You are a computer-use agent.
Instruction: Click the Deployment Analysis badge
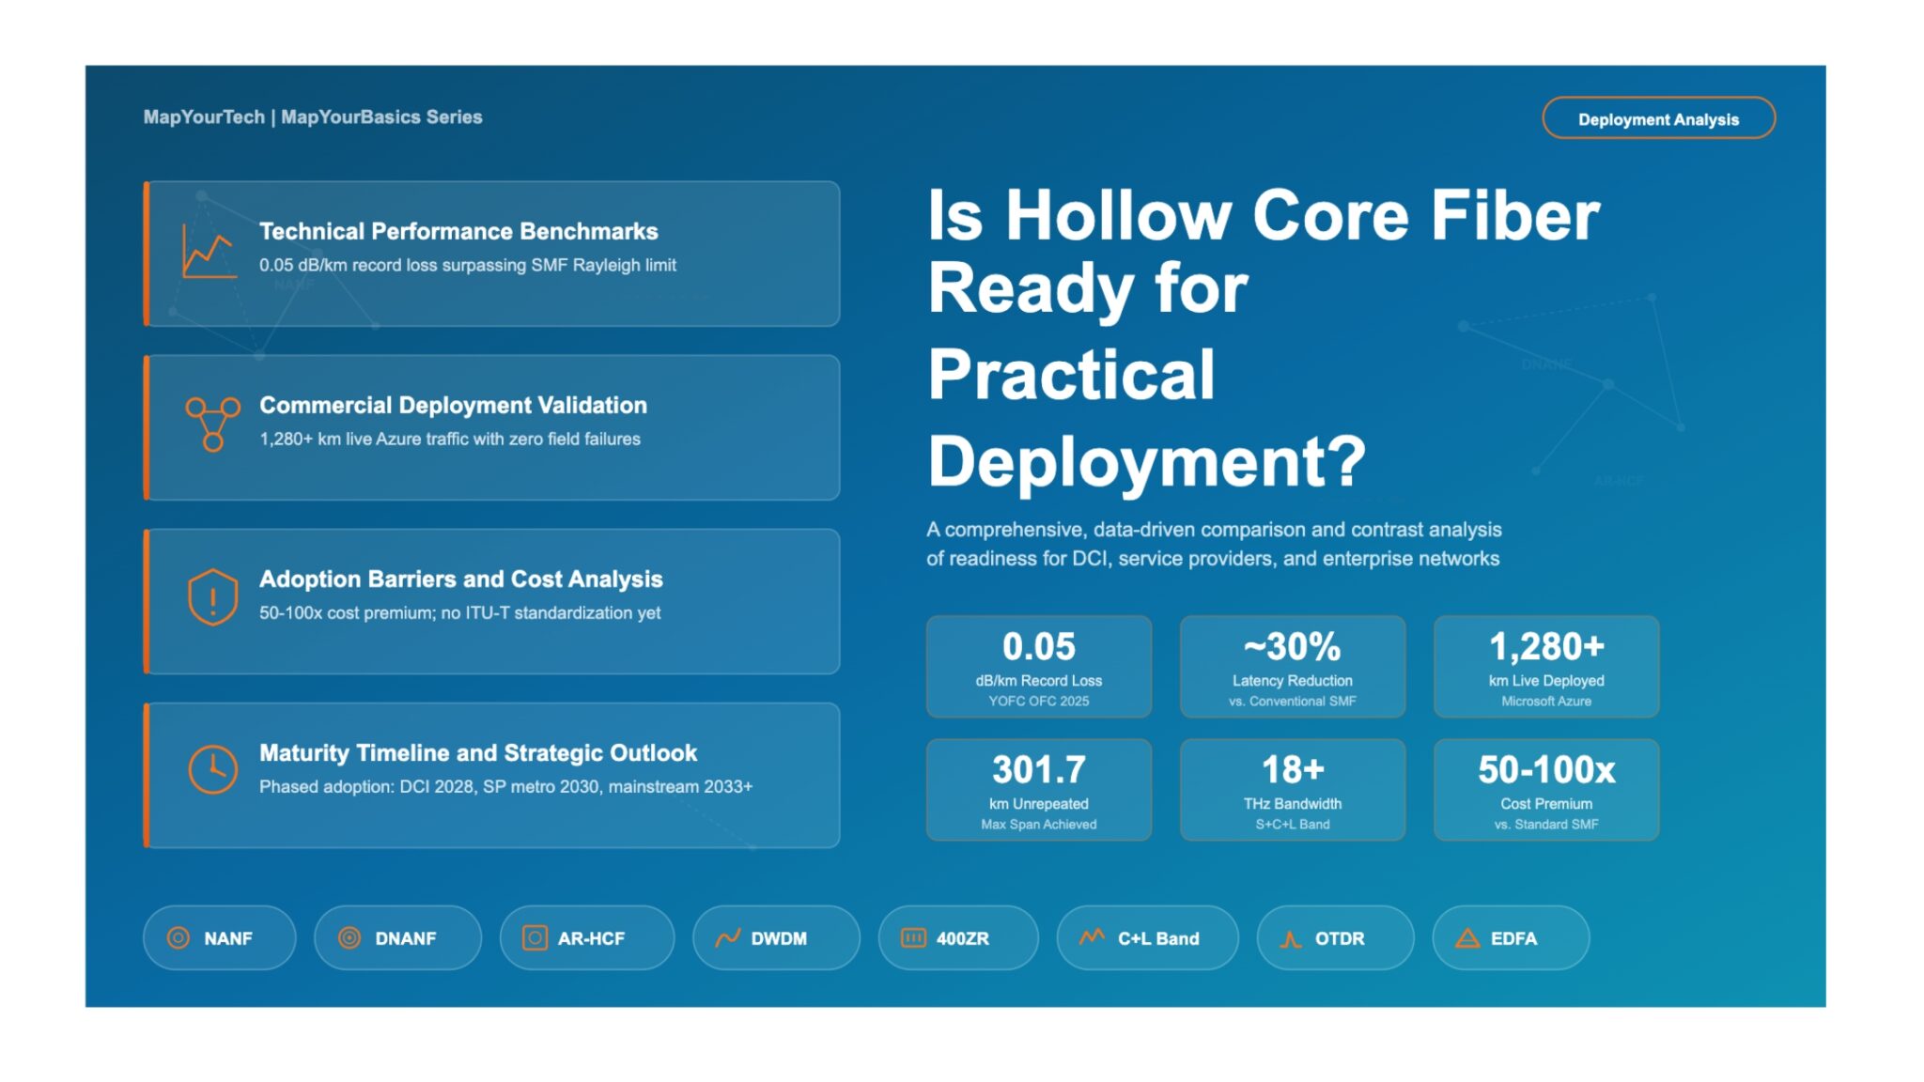coord(1658,118)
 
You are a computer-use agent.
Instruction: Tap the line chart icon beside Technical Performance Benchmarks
coord(209,252)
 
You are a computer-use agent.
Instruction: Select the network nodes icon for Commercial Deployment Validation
coord(212,424)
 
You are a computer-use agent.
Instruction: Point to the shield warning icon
coord(212,597)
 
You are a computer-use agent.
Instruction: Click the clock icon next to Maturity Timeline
coord(212,769)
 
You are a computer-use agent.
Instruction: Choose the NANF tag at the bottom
coord(219,937)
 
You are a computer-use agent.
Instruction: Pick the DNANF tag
coord(397,937)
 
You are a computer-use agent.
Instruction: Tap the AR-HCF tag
coord(586,937)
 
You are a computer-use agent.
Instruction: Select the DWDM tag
coord(776,937)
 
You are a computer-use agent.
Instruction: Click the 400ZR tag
coord(958,937)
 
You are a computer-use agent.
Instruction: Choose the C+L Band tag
coord(1147,937)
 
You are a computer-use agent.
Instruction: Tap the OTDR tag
coord(1335,937)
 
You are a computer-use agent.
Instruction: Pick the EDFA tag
coord(1511,937)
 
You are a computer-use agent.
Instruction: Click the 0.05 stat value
coord(1038,646)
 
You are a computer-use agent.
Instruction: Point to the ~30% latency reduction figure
coord(1292,646)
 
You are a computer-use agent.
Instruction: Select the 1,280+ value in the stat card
coord(1546,646)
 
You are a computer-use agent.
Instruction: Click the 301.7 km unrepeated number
coord(1038,769)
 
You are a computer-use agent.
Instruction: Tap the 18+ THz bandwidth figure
coord(1292,769)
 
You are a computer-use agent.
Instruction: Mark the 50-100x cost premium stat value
coord(1546,769)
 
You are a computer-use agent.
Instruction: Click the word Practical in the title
coord(1071,374)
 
